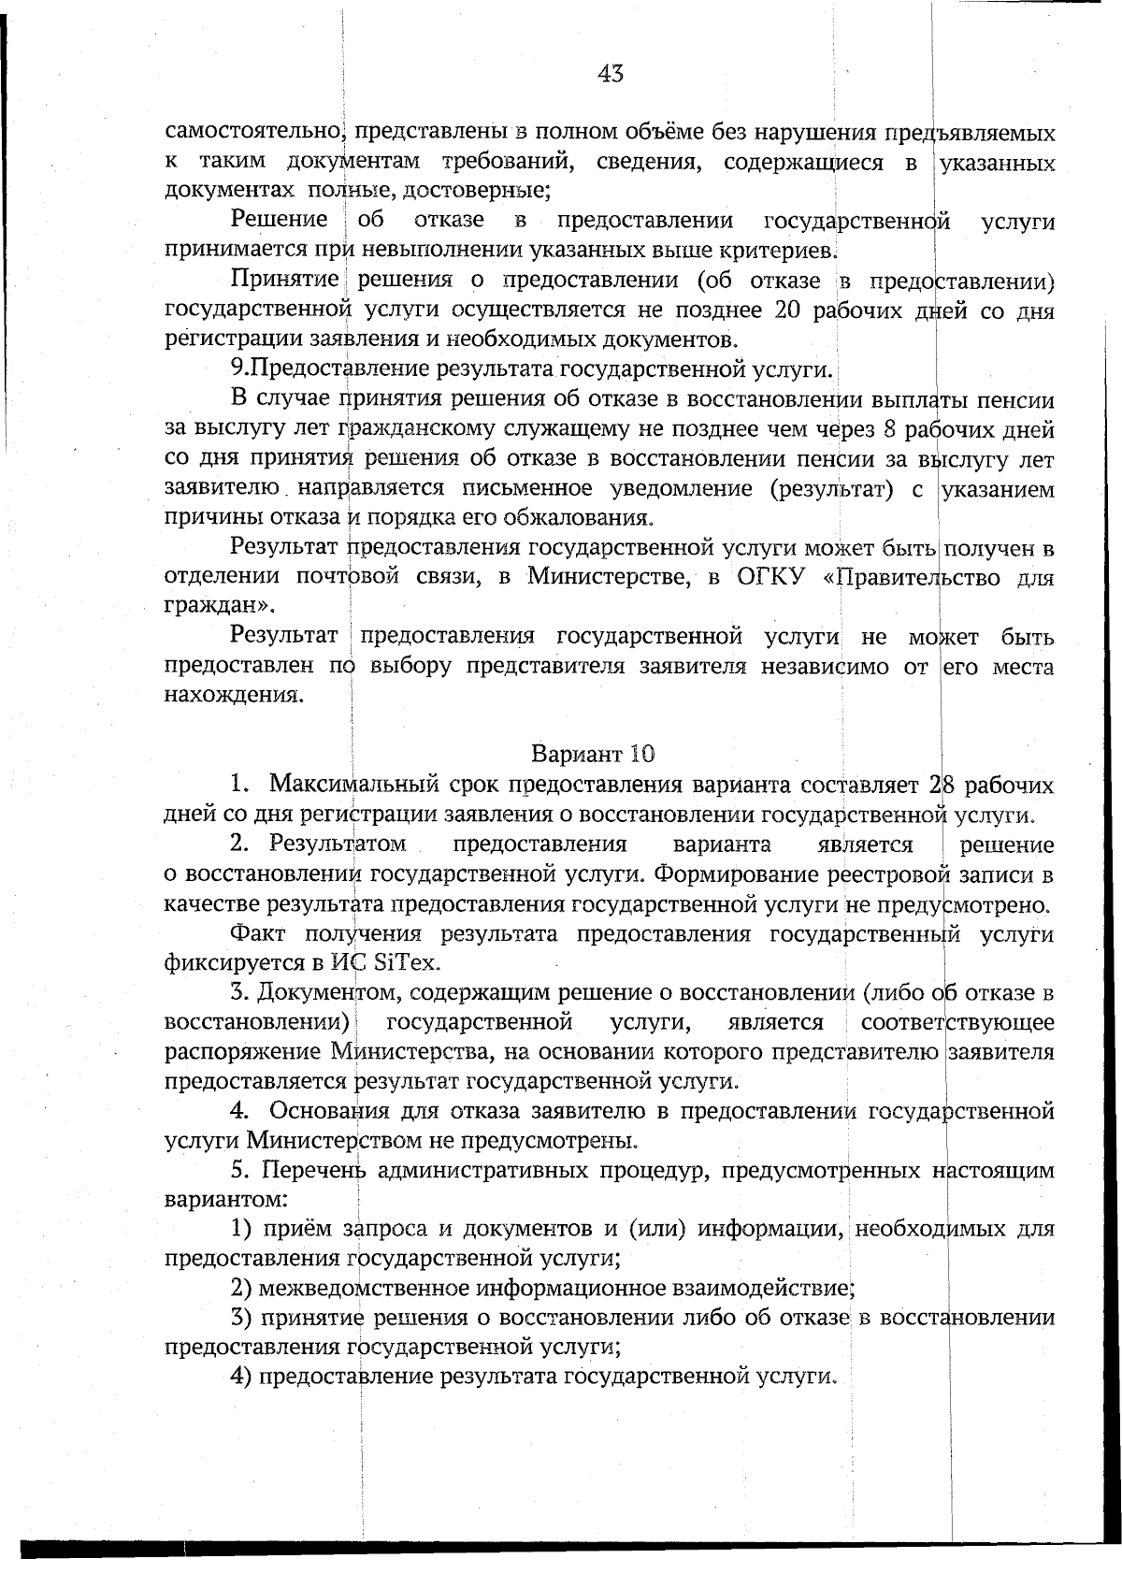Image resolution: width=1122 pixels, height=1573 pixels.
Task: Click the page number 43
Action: [610, 74]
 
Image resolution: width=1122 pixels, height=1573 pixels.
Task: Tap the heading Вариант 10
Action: [593, 754]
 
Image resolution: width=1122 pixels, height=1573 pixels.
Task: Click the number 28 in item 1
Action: [942, 784]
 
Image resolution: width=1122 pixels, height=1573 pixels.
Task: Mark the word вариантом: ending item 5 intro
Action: [225, 1200]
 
